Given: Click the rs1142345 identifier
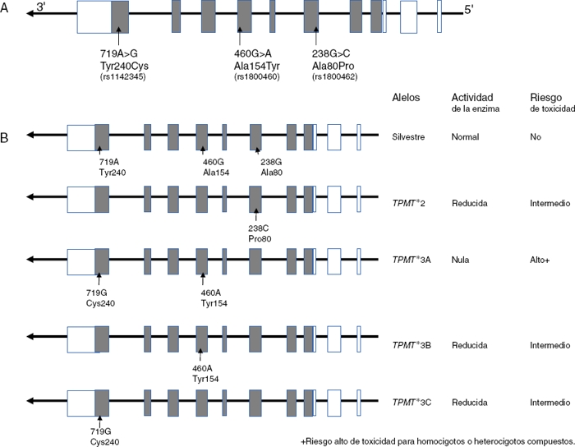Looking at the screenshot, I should click(118, 78).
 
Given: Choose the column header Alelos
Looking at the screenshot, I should click(407, 98).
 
